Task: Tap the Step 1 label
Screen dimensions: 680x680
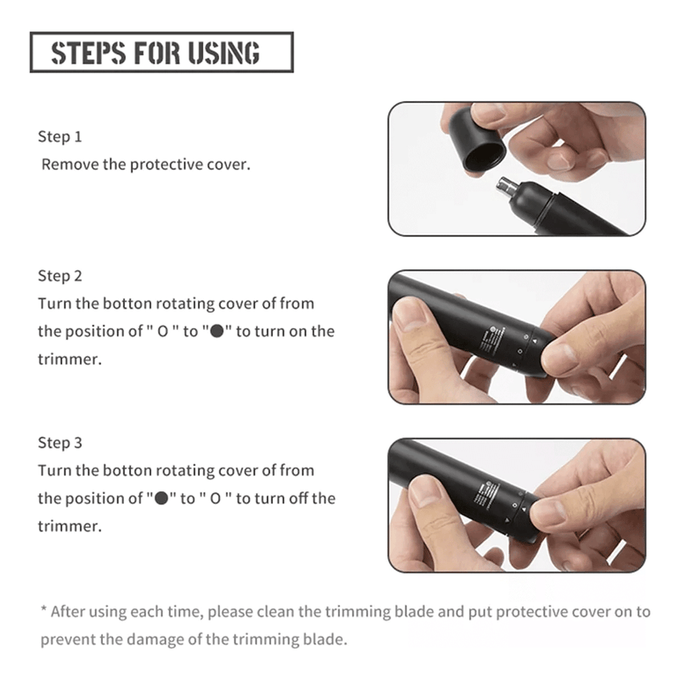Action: click(59, 137)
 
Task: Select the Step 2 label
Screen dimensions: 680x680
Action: click(59, 275)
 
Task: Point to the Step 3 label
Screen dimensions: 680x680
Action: click(59, 443)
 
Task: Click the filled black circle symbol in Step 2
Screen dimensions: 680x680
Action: click(217, 331)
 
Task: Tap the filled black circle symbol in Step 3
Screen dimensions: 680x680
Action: click(161, 499)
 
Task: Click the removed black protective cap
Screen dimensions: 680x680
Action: click(477, 139)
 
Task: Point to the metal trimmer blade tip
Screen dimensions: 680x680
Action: click(505, 186)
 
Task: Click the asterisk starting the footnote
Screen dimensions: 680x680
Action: click(43, 609)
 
